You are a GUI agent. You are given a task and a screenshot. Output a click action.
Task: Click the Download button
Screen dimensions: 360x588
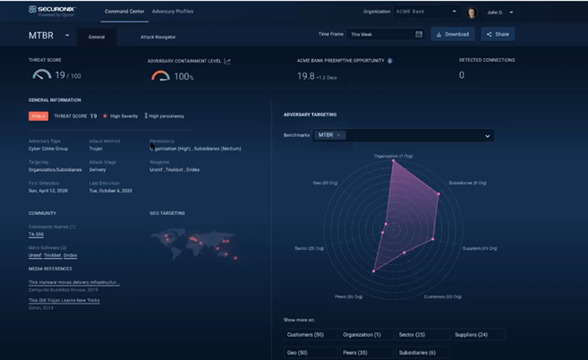pos(453,34)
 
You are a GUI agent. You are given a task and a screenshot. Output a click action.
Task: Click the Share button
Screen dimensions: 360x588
pos(498,34)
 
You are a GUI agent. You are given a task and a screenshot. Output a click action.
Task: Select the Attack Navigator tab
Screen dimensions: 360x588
pos(158,37)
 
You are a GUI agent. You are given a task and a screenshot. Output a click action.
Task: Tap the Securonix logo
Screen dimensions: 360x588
pos(55,11)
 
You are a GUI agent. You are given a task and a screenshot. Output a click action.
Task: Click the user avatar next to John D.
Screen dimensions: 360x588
pos(471,13)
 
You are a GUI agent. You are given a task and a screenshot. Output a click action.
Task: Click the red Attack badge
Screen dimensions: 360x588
pos(38,116)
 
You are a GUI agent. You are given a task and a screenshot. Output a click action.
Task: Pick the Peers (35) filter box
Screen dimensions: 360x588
pos(365,352)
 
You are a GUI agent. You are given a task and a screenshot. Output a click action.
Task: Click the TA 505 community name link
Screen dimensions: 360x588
pos(37,235)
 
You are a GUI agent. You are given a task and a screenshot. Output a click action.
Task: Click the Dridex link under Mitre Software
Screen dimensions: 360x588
pos(70,255)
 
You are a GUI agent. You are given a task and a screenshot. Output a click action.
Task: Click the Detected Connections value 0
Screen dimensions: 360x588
pos(462,76)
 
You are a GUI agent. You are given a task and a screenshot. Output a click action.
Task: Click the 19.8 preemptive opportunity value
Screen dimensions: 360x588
pos(306,76)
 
